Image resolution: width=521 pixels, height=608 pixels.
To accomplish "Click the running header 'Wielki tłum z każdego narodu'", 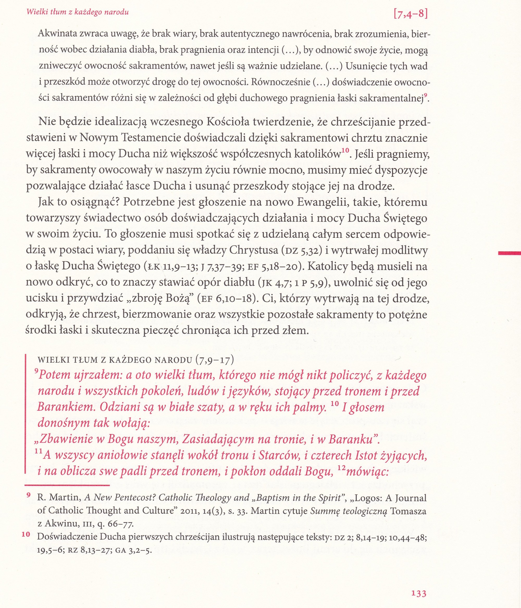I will tap(77, 12).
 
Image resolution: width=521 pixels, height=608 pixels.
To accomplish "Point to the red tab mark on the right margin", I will tap(510, 253).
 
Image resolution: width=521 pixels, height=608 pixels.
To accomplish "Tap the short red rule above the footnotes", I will tap(67, 486).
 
